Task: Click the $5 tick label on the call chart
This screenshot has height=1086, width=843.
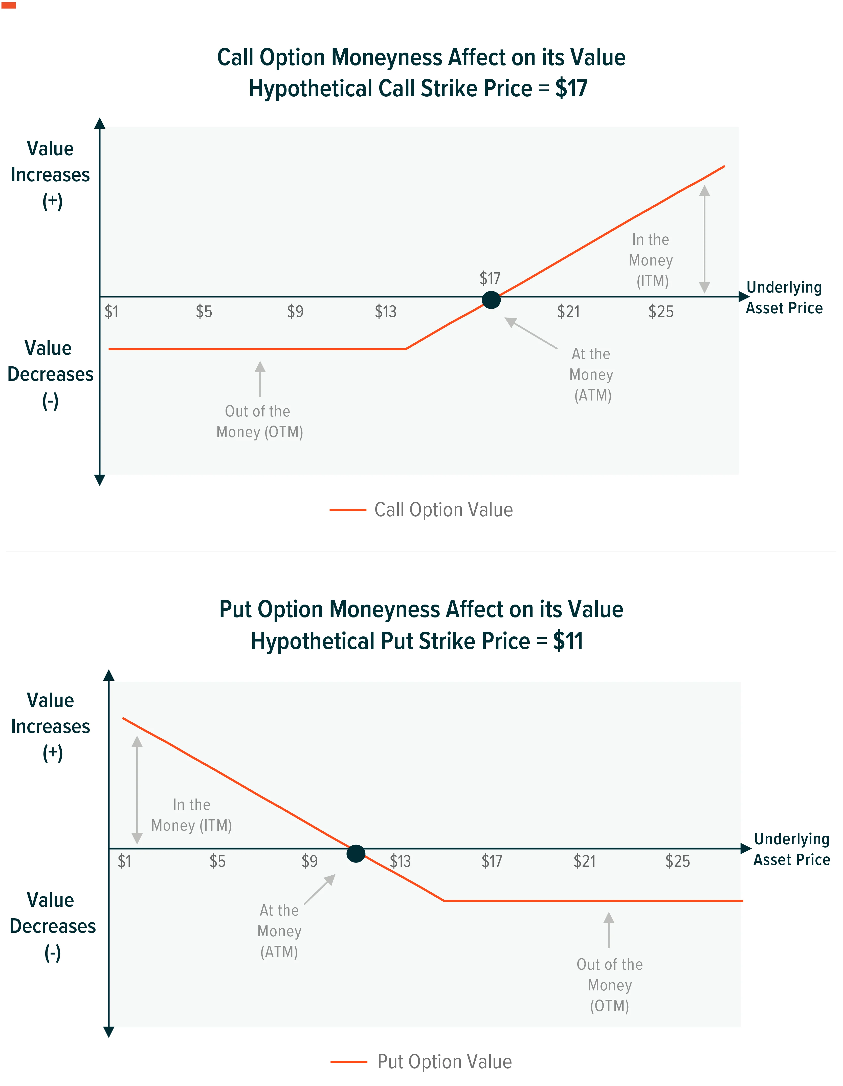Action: pos(204,312)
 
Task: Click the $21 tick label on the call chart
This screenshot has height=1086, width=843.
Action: pos(568,312)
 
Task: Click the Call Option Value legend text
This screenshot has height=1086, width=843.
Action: pos(444,510)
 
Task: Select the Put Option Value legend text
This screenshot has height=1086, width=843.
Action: pos(445,1062)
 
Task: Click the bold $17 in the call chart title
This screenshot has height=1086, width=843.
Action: pos(571,88)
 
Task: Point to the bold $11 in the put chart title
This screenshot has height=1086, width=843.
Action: pos(568,641)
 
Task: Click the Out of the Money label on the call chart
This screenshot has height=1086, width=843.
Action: pos(260,421)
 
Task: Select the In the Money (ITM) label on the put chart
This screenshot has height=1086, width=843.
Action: pos(191,815)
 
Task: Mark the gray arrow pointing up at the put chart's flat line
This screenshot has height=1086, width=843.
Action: pos(609,929)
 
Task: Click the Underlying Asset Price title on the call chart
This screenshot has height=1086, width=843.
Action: pos(784,297)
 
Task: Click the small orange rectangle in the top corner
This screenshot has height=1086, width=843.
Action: pos(9,6)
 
